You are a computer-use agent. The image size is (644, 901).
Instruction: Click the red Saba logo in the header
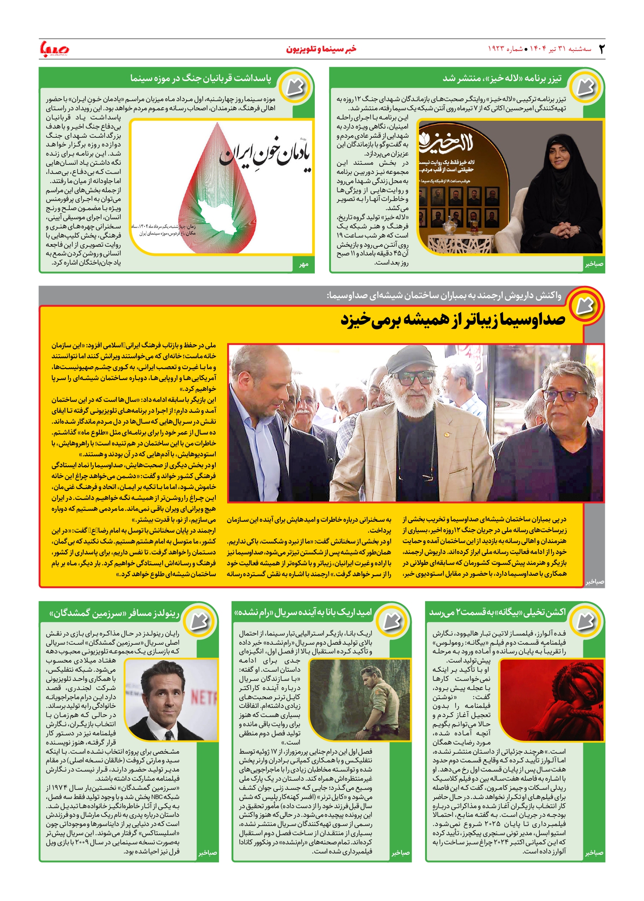coord(55,49)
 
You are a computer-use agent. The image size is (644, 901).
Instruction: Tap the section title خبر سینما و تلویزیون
coord(321,49)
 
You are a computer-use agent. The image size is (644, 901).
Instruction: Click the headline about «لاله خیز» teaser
coord(502,78)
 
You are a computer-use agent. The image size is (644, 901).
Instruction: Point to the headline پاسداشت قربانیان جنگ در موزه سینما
coord(201,78)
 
